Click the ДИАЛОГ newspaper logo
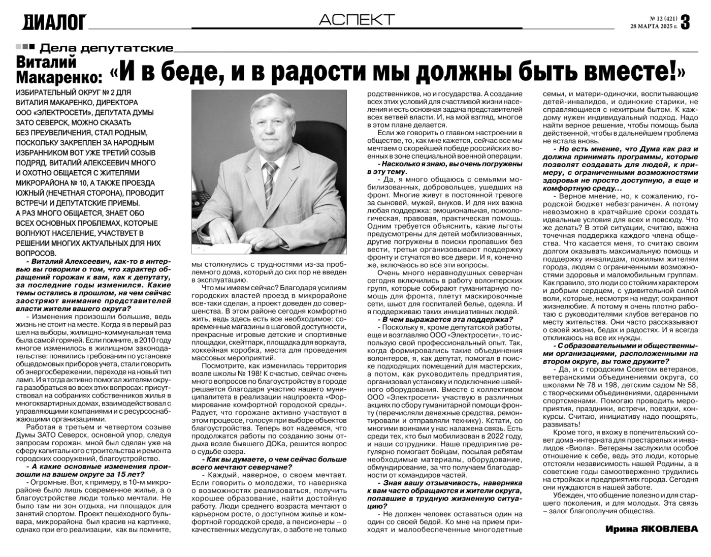pos(54,22)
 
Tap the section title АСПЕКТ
pos(357,20)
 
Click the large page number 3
pos(685,22)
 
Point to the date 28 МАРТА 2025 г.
pos(654,26)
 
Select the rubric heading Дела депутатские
pos(106,49)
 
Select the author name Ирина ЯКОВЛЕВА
pos(651,530)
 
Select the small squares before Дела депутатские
pos(25,47)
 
